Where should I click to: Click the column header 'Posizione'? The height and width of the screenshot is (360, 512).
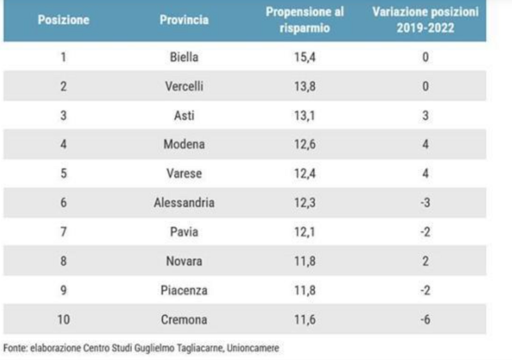[63, 20]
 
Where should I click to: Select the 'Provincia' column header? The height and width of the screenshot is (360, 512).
[184, 20]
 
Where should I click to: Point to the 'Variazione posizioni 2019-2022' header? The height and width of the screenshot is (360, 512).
[425, 20]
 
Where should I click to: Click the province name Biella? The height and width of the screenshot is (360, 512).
[184, 57]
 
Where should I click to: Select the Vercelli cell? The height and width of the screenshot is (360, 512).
[184, 86]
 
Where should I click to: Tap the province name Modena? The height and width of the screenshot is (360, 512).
[184, 145]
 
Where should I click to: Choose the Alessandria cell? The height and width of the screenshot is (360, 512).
[184, 203]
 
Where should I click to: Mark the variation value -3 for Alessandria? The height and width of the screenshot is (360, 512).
[425, 203]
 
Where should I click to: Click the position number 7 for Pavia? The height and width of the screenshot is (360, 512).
[63, 232]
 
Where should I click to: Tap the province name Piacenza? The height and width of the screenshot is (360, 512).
[184, 290]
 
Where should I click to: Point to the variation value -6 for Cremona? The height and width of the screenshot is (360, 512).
[425, 320]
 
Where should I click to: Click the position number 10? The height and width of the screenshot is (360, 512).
[63, 320]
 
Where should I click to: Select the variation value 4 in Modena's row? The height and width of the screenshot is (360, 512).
[425, 145]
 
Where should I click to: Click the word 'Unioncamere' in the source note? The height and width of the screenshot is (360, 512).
[252, 348]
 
